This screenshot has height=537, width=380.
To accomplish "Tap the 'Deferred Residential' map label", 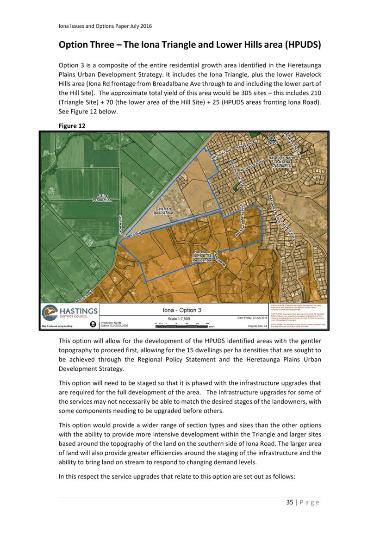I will (x=163, y=211).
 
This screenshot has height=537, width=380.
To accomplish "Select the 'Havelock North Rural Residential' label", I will (x=202, y=256).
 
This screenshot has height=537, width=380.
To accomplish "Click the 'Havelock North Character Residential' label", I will (x=282, y=162).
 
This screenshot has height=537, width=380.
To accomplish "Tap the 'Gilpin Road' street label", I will (x=120, y=225).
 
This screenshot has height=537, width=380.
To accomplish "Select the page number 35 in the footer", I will (x=290, y=502).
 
